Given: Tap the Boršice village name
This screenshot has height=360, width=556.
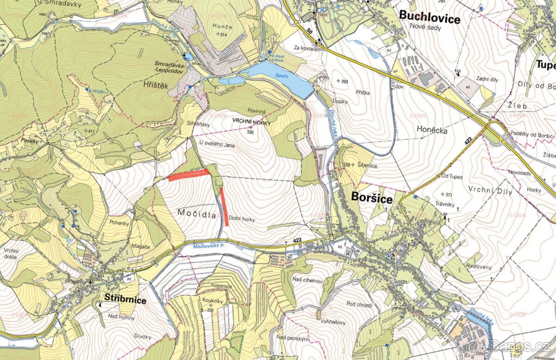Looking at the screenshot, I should (372, 198).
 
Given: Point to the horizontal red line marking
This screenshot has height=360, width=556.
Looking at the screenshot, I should (189, 175).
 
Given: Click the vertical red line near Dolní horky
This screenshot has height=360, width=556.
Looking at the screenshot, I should (224, 206).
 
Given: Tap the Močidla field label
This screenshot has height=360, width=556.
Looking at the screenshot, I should (197, 212).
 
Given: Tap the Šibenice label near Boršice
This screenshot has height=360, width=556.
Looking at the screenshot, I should (368, 164).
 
